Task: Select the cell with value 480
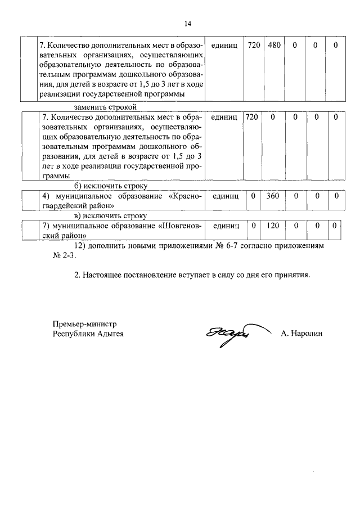(274, 44)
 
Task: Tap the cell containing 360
(273, 196)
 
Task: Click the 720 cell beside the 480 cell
(254, 44)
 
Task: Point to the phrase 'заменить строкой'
(106, 107)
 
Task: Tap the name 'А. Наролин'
(303, 334)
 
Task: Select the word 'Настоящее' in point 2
(101, 276)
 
